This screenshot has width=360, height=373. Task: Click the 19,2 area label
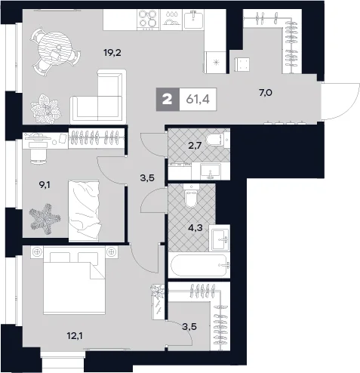pos(112,53)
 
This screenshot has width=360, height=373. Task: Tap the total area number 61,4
pos(198,100)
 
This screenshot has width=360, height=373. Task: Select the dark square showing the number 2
pos(168,100)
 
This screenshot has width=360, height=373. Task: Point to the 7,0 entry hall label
pos(266,93)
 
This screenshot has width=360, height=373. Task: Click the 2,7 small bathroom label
pos(195,146)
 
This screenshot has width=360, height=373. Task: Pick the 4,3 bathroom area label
pos(195,228)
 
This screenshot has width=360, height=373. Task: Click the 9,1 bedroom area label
pos(45,185)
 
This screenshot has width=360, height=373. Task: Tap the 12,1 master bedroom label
pos(75,335)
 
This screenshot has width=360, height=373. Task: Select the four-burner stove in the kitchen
pos(149,19)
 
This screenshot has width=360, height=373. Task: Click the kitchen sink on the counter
pos(193,20)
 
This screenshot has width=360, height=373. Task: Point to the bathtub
pos(199,265)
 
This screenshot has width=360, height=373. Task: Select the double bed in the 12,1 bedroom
pos(74,280)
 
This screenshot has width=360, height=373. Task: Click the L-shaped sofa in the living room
pos(98,97)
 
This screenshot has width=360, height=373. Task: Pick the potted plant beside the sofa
pos(45,109)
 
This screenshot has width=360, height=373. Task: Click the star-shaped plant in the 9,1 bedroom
pos(45,218)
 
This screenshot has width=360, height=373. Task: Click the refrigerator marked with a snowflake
pos(216,62)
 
